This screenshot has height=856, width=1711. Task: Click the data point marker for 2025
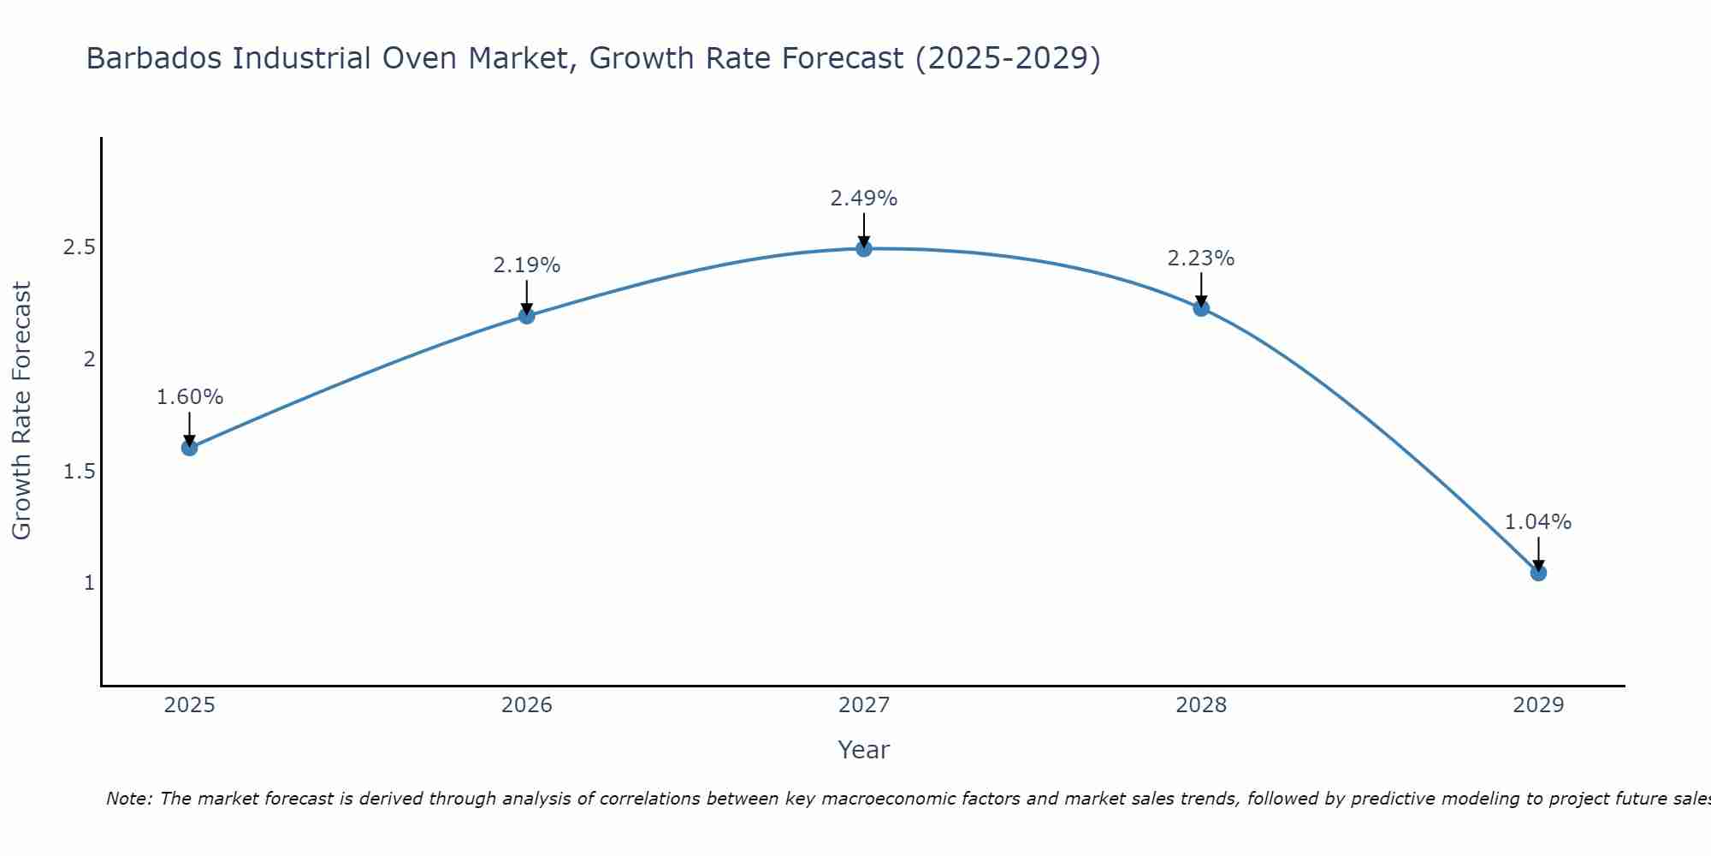pyautogui.click(x=190, y=448)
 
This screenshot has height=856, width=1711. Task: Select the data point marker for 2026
pyautogui.click(x=527, y=316)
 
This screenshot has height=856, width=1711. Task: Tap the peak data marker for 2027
pyautogui.click(x=864, y=249)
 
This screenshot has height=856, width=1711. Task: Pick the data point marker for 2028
pyautogui.click(x=1201, y=308)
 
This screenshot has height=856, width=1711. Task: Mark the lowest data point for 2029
pyautogui.click(x=1538, y=573)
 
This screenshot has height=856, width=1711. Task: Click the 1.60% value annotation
pyautogui.click(x=190, y=397)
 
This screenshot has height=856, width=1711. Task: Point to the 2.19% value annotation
pyautogui.click(x=527, y=265)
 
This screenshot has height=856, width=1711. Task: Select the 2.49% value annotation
pyautogui.click(x=864, y=199)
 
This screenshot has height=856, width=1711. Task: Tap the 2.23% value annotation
pyautogui.click(x=1201, y=259)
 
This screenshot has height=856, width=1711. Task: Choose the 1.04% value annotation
pyautogui.click(x=1538, y=522)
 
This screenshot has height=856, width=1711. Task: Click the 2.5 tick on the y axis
pyautogui.click(x=79, y=247)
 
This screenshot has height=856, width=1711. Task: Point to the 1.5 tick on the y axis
pyautogui.click(x=79, y=472)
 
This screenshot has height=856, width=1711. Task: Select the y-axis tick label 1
pyautogui.click(x=88, y=583)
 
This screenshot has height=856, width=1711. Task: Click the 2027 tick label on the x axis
pyautogui.click(x=864, y=705)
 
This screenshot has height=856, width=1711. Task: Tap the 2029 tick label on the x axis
pyautogui.click(x=1538, y=705)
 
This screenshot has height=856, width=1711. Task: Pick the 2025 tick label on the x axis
pyautogui.click(x=190, y=705)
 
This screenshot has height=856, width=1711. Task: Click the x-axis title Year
pyautogui.click(x=864, y=750)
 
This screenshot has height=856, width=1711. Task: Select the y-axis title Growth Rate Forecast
pyautogui.click(x=22, y=411)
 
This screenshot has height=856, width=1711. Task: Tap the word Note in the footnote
pyautogui.click(x=127, y=799)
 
